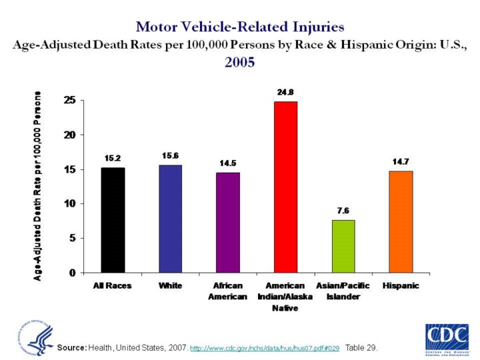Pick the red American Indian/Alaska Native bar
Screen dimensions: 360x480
[285, 187]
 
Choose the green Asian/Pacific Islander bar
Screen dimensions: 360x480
[343, 246]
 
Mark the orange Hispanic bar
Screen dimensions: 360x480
[401, 221]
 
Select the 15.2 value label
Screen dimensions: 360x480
[113, 158]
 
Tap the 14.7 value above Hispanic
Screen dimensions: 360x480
[401, 161]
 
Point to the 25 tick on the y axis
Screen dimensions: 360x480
[69, 100]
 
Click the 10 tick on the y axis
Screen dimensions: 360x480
[69, 203]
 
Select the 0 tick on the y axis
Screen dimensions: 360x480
[72, 273]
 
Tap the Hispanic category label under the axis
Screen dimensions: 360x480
[401, 285]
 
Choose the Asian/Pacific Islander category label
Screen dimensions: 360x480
[343, 291]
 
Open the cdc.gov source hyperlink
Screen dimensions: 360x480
[265, 349]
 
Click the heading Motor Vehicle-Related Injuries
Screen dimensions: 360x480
[240, 27]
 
